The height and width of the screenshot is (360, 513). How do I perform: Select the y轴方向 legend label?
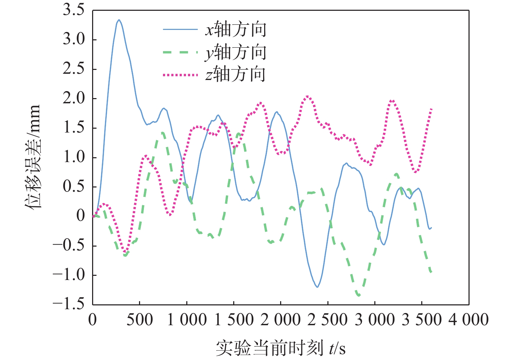[236, 52]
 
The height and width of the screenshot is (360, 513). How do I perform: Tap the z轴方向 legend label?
[236, 75]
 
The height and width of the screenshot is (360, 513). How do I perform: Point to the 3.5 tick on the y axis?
[74, 10]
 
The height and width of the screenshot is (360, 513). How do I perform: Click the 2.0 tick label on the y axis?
[74, 98]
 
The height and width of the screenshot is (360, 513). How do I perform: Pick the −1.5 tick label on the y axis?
[69, 304]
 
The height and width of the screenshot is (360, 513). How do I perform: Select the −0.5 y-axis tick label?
[69, 245]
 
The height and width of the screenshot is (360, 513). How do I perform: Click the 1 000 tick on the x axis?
[187, 320]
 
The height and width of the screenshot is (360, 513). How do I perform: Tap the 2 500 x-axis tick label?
[328, 320]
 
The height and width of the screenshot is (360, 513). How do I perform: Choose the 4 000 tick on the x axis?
[469, 320]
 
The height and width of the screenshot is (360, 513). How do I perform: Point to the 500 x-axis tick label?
[140, 320]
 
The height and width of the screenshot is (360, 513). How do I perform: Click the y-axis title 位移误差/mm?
[33, 157]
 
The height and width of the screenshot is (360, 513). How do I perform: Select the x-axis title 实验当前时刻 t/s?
[281, 348]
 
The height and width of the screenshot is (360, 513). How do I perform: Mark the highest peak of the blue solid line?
[119, 20]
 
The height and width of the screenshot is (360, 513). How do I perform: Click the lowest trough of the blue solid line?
[317, 287]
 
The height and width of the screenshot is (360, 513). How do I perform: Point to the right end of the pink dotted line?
[431, 109]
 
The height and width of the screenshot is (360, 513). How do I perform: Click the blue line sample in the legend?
[180, 30]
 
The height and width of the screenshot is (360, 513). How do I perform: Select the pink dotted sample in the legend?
[180, 75]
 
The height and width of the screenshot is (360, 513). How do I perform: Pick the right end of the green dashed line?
[431, 272]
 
